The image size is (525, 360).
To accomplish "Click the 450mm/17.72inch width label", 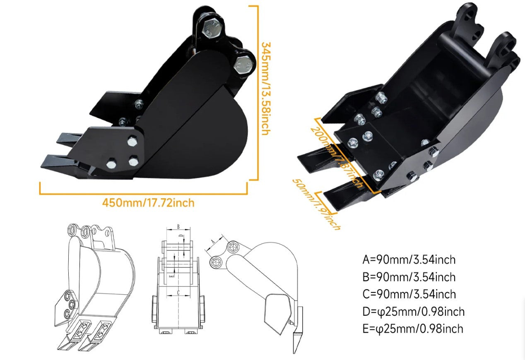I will (x=148, y=203).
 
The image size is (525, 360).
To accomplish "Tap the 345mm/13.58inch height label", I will (x=265, y=88).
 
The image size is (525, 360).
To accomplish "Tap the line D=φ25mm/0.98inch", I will (x=413, y=311).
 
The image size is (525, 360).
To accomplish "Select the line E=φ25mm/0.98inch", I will (x=412, y=329).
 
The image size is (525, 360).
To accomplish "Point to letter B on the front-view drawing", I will (x=178, y=226).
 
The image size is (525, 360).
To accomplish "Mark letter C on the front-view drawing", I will (x=178, y=293).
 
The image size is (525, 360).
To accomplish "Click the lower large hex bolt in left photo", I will (x=243, y=64).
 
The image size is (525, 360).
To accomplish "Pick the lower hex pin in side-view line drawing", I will (x=216, y=262).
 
